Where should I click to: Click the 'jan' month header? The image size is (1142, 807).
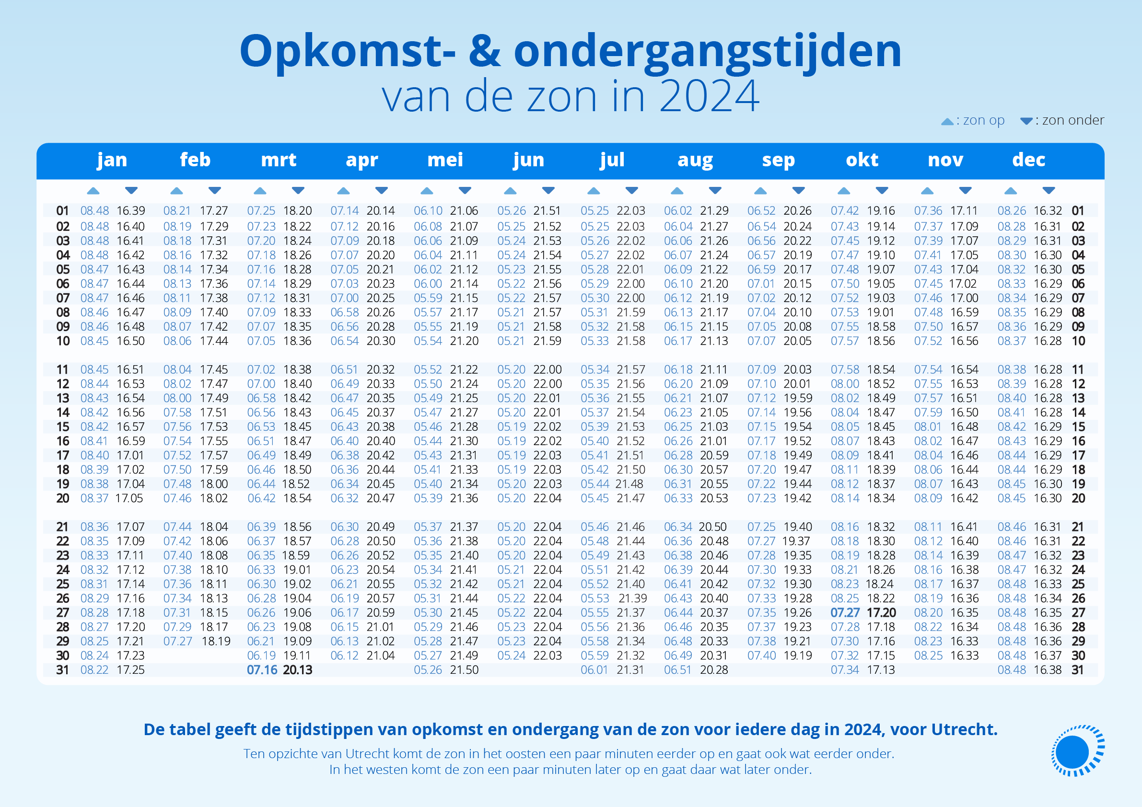[112, 160]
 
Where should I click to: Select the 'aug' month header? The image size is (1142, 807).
[695, 160]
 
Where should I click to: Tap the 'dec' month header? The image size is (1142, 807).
[1028, 160]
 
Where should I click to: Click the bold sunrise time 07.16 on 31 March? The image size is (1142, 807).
[262, 670]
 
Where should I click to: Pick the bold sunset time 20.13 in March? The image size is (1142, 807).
[297, 670]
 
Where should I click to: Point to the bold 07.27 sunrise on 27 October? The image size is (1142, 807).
[845, 612]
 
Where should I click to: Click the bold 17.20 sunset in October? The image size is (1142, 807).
[881, 612]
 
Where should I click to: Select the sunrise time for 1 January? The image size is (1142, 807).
[94, 211]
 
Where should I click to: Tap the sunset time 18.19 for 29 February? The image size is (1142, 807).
[216, 641]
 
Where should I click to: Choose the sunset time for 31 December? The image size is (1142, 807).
[1048, 670]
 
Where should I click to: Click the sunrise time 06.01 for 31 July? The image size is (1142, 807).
[594, 670]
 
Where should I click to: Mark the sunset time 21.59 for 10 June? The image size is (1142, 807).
[547, 341]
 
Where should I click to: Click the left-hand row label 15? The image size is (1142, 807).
[63, 427]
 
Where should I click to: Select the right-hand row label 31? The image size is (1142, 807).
[1078, 670]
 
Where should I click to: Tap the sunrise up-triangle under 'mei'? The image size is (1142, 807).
[427, 190]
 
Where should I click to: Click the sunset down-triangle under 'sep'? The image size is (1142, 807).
[798, 190]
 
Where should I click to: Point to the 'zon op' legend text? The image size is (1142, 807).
[983, 120]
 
